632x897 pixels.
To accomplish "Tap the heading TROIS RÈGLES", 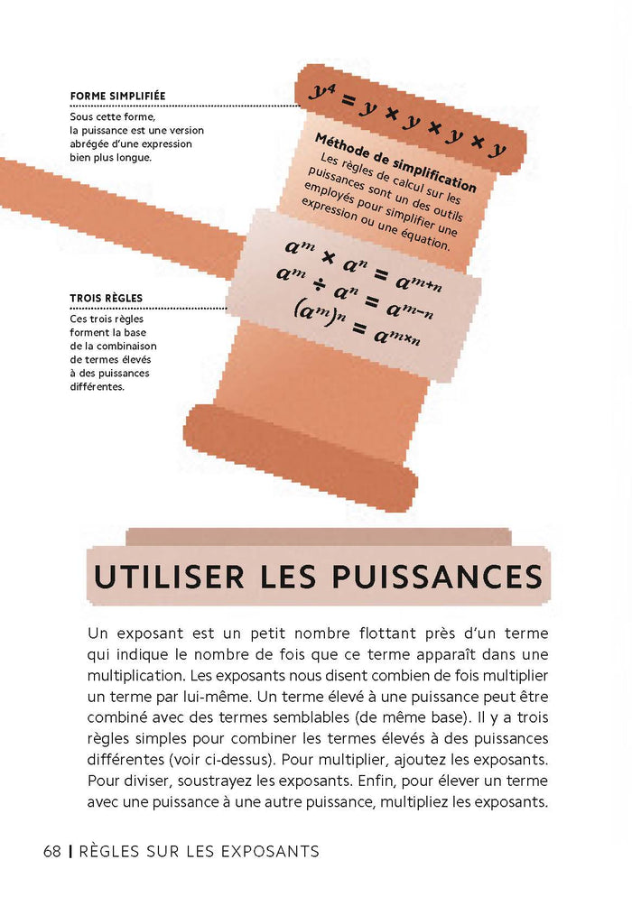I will click(x=106, y=299).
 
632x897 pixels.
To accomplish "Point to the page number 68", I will click(x=51, y=851).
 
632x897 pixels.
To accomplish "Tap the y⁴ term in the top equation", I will click(x=321, y=92).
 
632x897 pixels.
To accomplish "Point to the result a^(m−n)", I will click(x=411, y=310).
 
